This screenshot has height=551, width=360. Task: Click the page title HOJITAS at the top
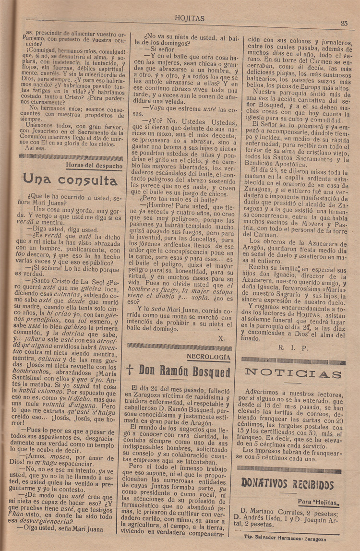coord(191,19)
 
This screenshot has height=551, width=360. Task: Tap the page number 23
coord(344,23)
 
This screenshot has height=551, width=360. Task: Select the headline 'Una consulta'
coord(70,180)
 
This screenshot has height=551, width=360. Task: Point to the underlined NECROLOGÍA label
coord(208,357)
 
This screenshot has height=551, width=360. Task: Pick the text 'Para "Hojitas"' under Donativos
coord(318,502)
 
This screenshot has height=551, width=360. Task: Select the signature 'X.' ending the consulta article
coord(221,337)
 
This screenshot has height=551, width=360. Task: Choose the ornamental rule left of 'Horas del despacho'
coord(43,156)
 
